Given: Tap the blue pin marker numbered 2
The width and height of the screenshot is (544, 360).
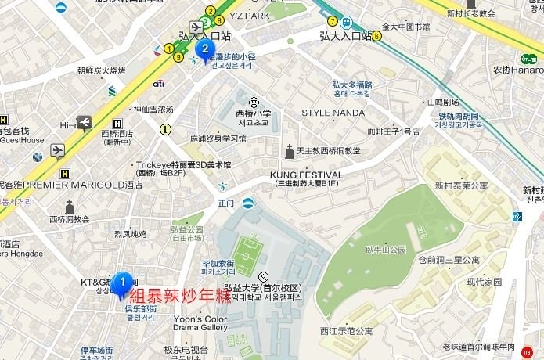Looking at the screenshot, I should coord(205,51).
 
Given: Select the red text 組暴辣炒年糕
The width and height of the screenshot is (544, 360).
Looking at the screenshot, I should coord(180,296).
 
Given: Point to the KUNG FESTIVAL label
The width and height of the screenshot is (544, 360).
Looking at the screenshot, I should coord(302,173).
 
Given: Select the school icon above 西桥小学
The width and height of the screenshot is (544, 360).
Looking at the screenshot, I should coord(254,102).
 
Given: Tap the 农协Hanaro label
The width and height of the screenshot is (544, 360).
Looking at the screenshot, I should coord(518,70).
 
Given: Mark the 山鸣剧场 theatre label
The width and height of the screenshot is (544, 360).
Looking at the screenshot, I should coord(442,102).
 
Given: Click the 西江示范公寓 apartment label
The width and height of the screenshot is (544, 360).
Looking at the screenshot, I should coord(347,331).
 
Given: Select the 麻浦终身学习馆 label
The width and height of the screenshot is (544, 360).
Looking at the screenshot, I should coord(218,139).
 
